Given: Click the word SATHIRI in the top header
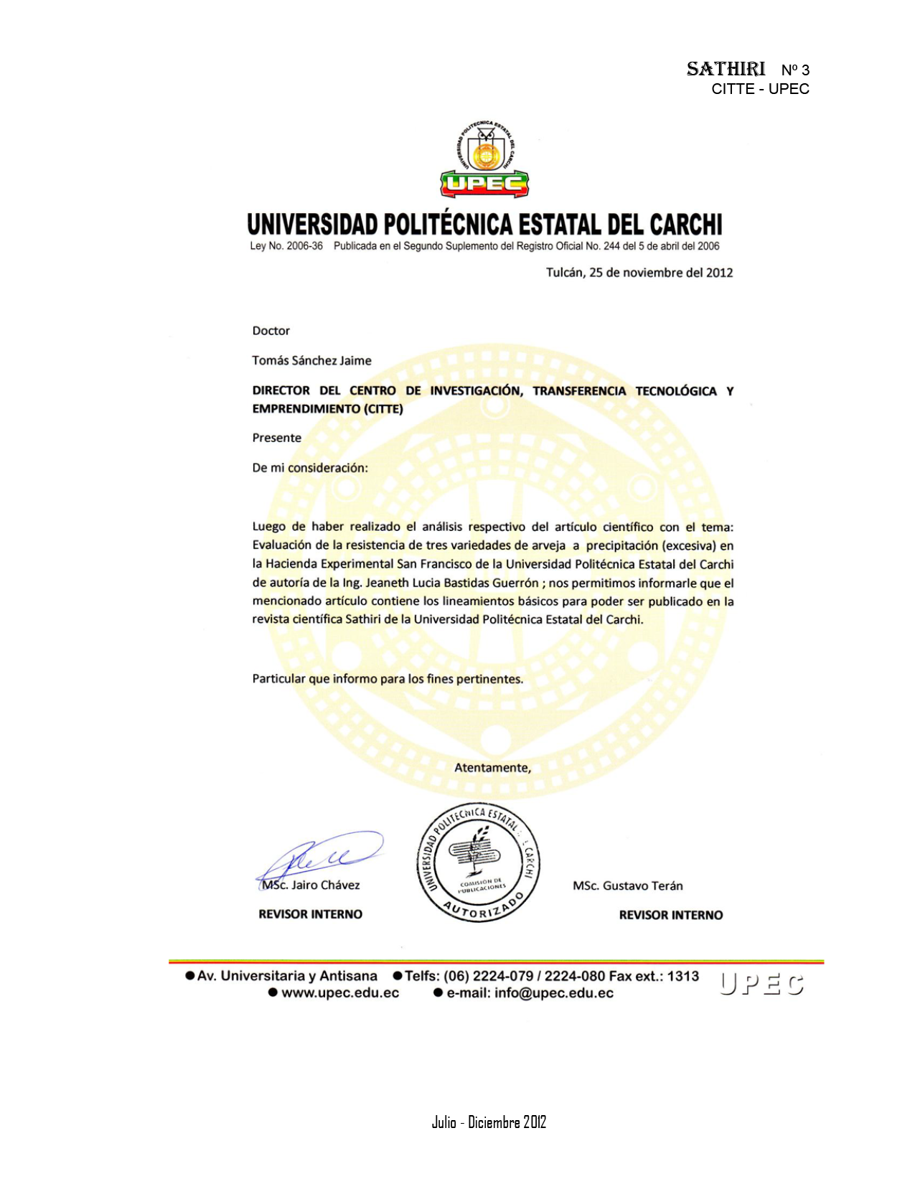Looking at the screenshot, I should pyautogui.click(x=726, y=69).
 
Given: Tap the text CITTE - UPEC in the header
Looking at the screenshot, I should pyautogui.click(x=760, y=89).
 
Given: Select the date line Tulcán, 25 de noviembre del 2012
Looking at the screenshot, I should pyautogui.click(x=639, y=273).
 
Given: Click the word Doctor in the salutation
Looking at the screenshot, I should pyautogui.click(x=271, y=331).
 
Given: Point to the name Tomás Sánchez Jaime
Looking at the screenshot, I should pyautogui.click(x=311, y=360).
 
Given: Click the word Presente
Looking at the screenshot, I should pyautogui.click(x=276, y=438).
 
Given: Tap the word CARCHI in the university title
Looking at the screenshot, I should pyautogui.click(x=685, y=225).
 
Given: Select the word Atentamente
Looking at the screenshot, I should pyautogui.click(x=492, y=768).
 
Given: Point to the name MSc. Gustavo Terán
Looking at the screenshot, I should pyautogui.click(x=627, y=885).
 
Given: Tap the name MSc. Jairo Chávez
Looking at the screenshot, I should pyautogui.click(x=311, y=885).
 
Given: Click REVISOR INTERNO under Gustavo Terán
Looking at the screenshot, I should pyautogui.click(x=670, y=915).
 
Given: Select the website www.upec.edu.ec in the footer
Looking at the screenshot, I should pyautogui.click(x=340, y=993).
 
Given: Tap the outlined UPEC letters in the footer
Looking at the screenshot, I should pyautogui.click(x=762, y=985).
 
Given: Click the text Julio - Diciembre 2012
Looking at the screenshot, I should pyautogui.click(x=489, y=1122).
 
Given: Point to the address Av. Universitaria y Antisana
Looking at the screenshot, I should pyautogui.click(x=287, y=976).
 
